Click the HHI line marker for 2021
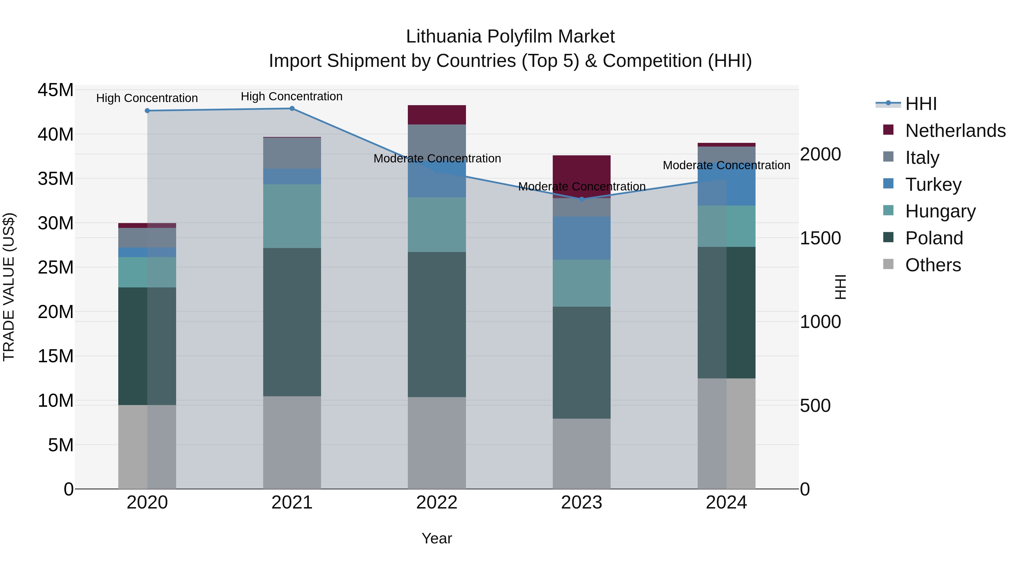[x=292, y=109]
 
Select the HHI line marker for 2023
[x=581, y=199]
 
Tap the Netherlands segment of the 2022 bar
[x=437, y=115]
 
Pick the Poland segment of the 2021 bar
[x=292, y=322]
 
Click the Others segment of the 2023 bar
[x=581, y=454]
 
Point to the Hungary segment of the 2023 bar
[x=581, y=283]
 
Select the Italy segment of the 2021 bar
[x=292, y=153]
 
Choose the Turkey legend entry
[x=933, y=185]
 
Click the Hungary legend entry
[x=940, y=211]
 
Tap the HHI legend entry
[x=920, y=104]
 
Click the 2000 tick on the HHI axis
[x=820, y=154]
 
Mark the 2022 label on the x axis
[x=437, y=503]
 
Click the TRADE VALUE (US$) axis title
[x=9, y=287]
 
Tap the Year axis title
[x=437, y=538]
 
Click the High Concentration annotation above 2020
[x=147, y=98]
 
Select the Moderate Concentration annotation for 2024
[x=726, y=165]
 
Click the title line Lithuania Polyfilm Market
[x=510, y=37]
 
